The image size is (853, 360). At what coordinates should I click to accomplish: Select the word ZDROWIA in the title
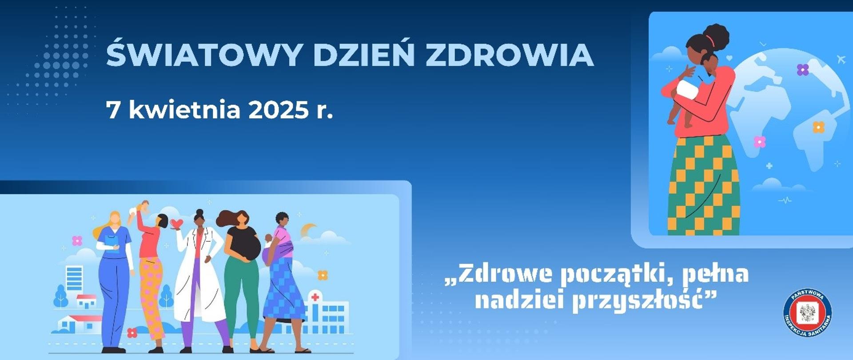tap(510, 55)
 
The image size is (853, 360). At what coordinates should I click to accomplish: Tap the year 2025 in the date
tap(278, 110)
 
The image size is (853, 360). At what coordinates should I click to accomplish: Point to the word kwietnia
tap(184, 109)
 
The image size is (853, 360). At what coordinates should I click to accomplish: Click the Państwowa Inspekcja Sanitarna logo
tap(807, 313)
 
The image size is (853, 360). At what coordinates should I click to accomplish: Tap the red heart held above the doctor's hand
tap(177, 223)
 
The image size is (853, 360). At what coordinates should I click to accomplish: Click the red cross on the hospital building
tap(315, 297)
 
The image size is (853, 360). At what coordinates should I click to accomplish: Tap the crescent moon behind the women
tap(307, 231)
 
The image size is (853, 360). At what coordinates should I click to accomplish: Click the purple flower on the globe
tap(802, 70)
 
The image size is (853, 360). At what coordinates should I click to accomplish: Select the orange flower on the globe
tap(818, 128)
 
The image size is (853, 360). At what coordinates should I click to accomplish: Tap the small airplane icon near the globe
tap(841, 59)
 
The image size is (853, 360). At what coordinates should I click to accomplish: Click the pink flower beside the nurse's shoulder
tap(77, 241)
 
